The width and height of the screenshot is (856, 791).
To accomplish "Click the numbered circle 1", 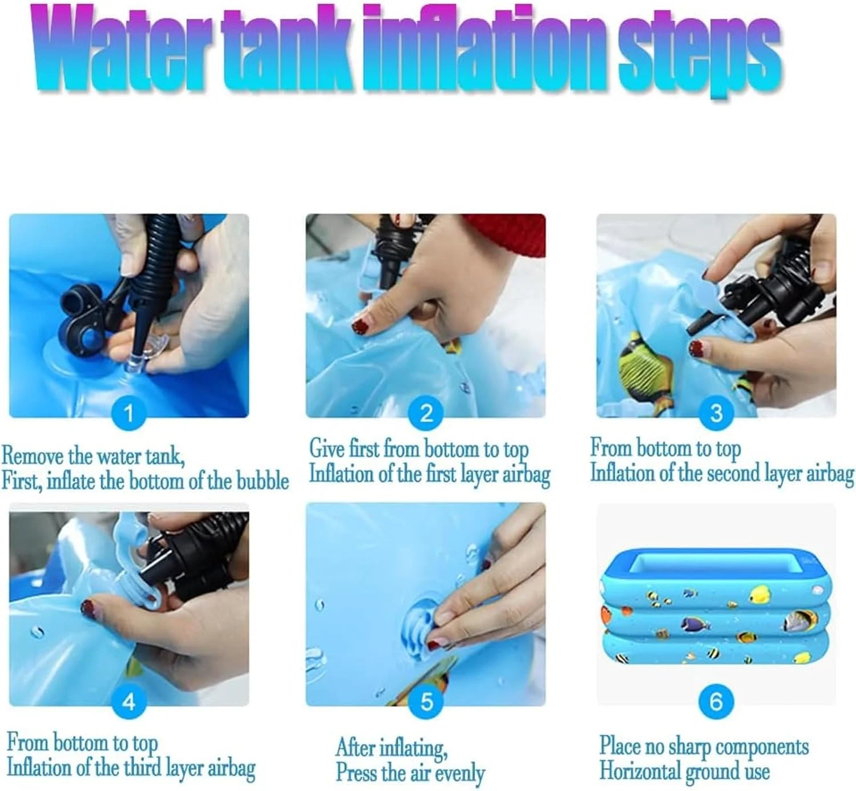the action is pyautogui.click(x=128, y=413).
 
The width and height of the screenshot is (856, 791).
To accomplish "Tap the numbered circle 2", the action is pyautogui.click(x=426, y=413).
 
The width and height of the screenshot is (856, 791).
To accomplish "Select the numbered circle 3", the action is pyautogui.click(x=716, y=413).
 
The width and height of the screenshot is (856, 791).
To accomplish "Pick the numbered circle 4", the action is pyautogui.click(x=128, y=702).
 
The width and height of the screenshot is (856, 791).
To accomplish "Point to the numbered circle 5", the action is pyautogui.click(x=426, y=702).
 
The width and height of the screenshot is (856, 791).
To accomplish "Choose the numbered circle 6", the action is pyautogui.click(x=716, y=702).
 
